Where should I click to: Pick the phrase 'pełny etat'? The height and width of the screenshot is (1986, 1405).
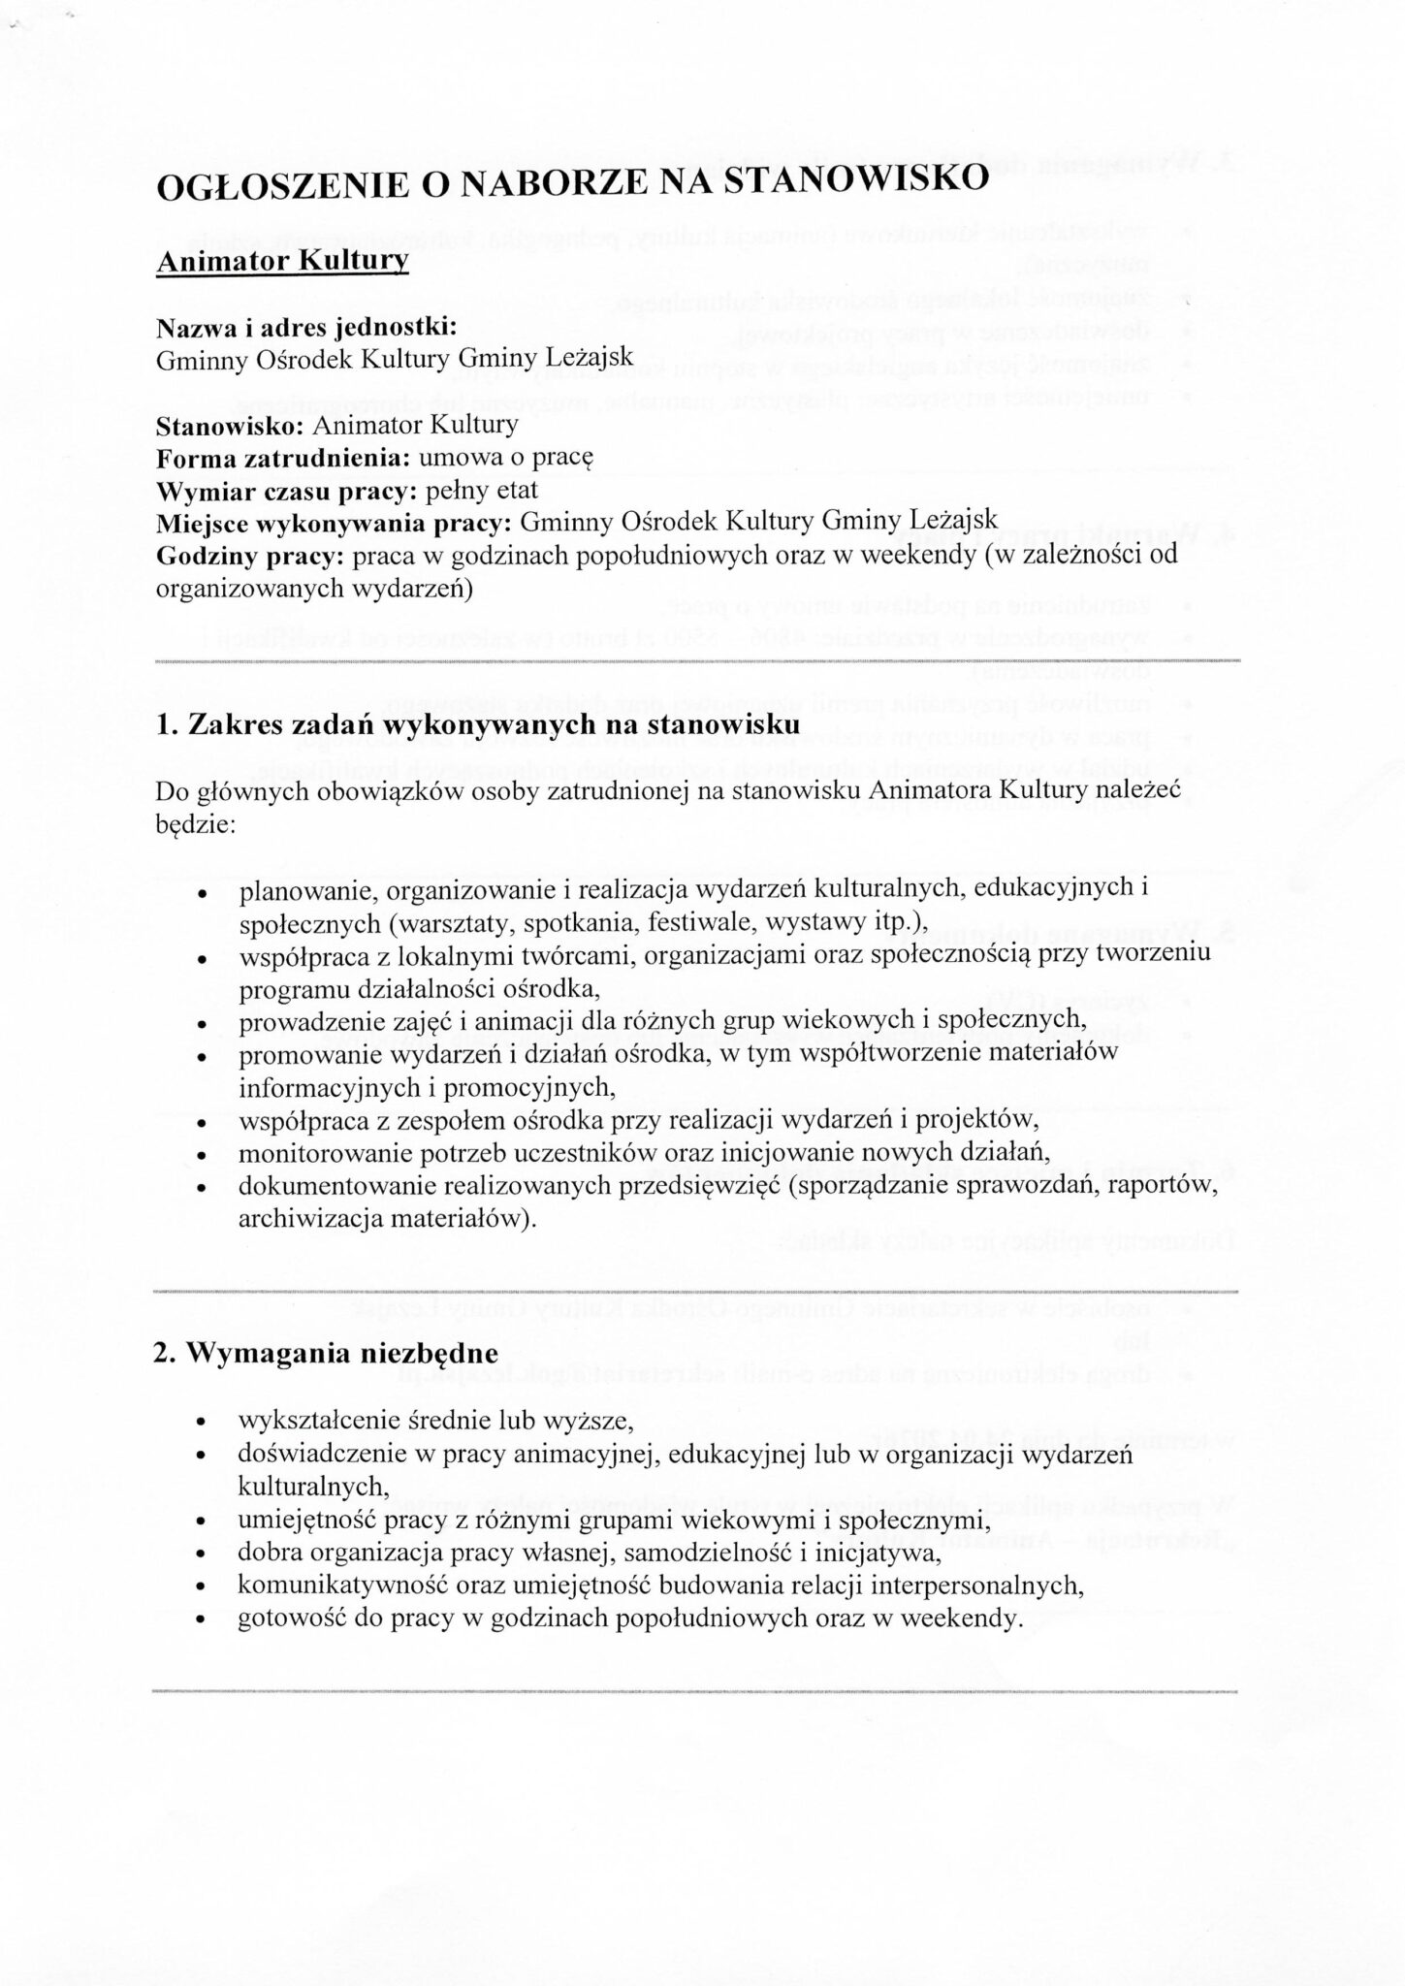490,490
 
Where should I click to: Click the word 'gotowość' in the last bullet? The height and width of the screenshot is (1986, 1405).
286,1618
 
